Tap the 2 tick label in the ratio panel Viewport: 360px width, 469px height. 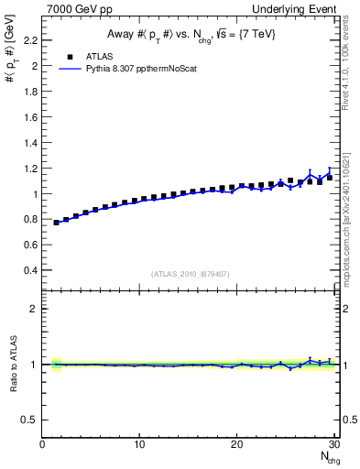[35, 309]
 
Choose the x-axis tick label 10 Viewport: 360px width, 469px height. [139, 444]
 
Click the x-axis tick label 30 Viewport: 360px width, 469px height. [333, 444]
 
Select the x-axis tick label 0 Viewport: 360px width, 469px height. [43, 444]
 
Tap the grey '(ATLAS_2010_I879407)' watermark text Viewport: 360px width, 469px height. [190, 273]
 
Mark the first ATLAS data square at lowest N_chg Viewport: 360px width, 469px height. [57, 223]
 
